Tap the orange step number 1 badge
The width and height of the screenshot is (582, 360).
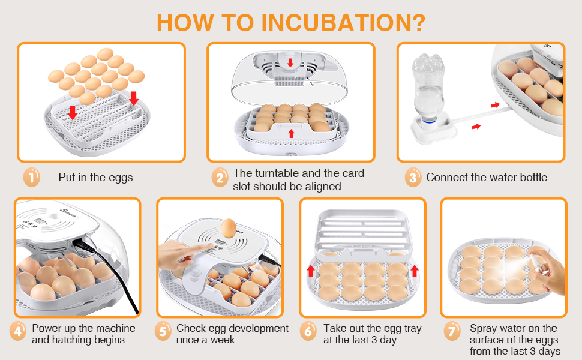click(x=31, y=177)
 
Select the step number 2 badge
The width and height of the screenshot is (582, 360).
click(x=220, y=177)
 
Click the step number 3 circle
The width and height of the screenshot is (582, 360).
click(x=412, y=177)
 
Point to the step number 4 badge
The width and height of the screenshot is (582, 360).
click(x=18, y=331)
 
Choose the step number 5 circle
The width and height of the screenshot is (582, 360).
click(x=163, y=331)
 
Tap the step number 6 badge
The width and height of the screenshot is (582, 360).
click(x=308, y=331)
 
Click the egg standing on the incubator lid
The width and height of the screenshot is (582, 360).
click(x=228, y=227)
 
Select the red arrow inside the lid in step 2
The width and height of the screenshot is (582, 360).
click(x=290, y=62)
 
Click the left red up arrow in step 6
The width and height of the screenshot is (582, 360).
click(x=311, y=270)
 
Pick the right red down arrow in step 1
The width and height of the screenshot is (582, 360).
click(x=133, y=98)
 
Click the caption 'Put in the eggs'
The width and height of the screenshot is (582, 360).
click(x=95, y=177)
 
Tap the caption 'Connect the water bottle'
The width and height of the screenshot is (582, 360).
click(x=487, y=177)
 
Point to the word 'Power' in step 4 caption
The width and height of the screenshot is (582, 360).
click(x=46, y=328)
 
